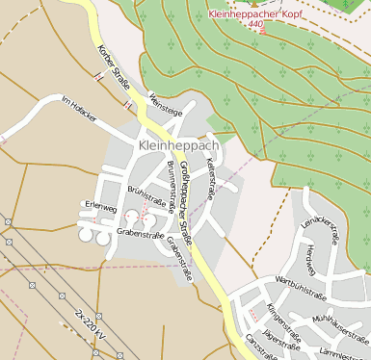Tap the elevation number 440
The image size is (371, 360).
254,25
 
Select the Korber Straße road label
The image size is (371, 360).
114,70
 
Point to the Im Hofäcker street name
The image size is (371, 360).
79,110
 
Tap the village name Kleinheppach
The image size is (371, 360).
179,145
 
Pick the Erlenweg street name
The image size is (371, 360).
100,206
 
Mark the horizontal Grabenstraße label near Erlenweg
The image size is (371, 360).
140,233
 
